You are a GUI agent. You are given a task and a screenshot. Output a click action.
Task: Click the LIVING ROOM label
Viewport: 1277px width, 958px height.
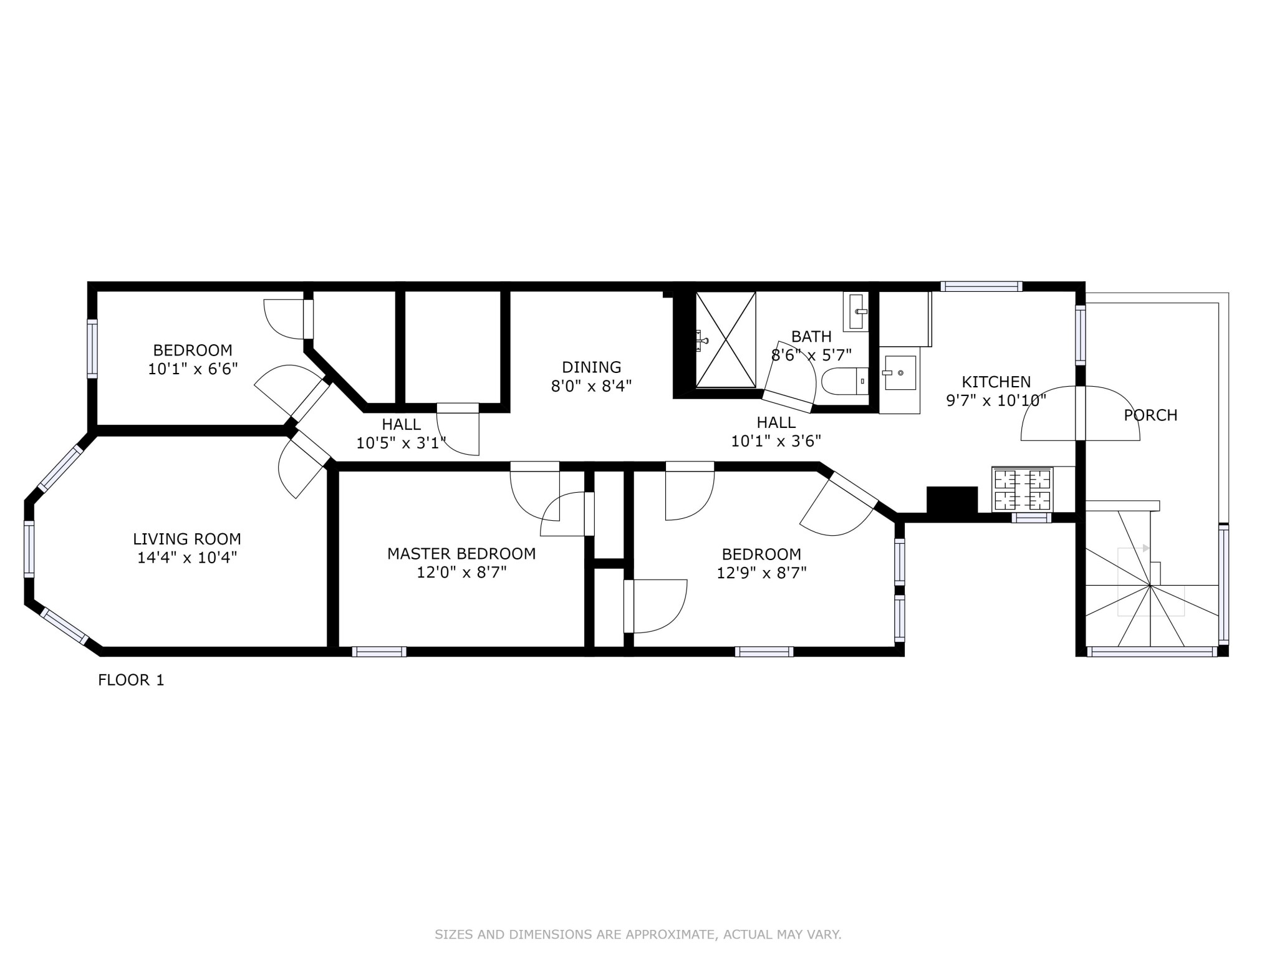[x=187, y=539]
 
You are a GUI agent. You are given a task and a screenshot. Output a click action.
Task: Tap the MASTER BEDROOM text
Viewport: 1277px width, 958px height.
[x=461, y=553]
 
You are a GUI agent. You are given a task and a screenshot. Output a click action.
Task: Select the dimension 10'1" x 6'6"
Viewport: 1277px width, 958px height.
[x=193, y=369]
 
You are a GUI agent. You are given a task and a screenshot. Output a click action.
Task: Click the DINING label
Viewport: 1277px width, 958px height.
[x=591, y=367]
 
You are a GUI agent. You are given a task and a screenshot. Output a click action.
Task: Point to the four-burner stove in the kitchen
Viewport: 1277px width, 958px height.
[x=1022, y=490]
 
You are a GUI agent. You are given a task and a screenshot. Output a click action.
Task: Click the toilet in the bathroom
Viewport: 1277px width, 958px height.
[x=845, y=380]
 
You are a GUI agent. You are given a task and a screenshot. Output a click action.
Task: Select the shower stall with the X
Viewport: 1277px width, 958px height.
[x=725, y=340]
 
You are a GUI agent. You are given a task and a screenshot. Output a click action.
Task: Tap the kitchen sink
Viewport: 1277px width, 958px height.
[x=900, y=373]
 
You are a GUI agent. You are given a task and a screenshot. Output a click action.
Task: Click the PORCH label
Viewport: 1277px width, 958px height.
[x=1150, y=415]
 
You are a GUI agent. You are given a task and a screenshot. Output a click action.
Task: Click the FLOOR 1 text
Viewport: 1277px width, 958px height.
[x=131, y=680]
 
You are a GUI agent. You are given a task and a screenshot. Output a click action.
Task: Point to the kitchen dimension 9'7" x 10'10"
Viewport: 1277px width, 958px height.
[x=996, y=400]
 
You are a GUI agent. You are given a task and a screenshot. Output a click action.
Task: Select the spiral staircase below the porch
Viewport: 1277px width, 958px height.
[x=1150, y=586]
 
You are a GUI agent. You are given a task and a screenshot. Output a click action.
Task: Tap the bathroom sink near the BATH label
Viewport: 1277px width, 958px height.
[x=856, y=311]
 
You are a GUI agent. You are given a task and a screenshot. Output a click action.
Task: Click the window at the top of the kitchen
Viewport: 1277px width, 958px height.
[x=981, y=286]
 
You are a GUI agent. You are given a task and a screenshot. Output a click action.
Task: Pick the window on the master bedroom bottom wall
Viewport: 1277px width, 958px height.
[x=379, y=652]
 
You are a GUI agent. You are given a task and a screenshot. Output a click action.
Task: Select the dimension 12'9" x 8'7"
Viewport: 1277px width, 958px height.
[x=761, y=573]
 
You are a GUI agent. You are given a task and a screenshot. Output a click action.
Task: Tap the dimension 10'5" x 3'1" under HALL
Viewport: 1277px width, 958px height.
[x=401, y=443]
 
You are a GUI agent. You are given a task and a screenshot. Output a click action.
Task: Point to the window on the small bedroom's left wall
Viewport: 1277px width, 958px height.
[x=92, y=349]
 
